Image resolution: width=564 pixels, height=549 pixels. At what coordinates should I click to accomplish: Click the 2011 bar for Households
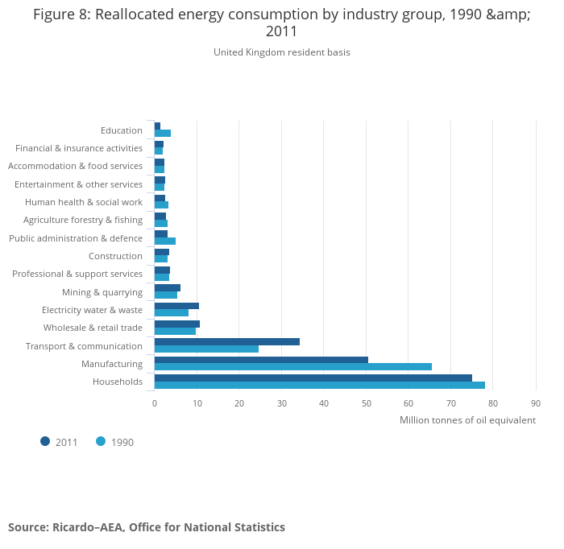[313, 378]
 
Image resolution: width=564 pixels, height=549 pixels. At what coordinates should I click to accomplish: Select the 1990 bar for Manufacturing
[292, 366]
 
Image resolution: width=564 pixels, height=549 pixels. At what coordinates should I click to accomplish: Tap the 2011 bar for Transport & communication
[226, 341]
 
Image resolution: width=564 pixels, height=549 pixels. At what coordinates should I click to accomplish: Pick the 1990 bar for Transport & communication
[206, 349]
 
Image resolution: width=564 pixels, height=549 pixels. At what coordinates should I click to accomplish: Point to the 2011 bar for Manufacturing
[261, 360]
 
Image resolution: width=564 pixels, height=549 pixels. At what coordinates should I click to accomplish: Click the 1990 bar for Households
[319, 385]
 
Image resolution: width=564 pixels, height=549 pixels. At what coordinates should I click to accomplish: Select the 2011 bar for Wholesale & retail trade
[176, 324]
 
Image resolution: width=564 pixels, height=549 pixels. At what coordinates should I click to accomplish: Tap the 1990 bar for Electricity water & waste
[171, 312]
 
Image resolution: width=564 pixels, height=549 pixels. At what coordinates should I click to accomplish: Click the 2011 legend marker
[45, 441]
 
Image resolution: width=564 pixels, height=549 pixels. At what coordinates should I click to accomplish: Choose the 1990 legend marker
[101, 441]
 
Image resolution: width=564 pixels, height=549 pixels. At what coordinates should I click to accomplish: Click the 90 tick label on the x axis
[535, 403]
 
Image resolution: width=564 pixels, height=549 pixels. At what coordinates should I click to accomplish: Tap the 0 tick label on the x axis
[154, 403]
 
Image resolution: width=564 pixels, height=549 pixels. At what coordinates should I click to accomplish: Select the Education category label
[122, 130]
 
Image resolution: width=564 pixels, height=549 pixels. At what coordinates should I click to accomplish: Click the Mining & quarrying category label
[102, 292]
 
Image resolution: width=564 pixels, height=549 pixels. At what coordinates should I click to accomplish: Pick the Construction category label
[115, 256]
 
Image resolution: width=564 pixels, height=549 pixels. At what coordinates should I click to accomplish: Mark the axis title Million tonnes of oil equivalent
[467, 420]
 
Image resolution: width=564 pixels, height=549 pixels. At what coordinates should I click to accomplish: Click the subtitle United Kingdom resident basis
[282, 52]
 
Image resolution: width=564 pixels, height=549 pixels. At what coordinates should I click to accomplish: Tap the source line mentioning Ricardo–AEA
[147, 527]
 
